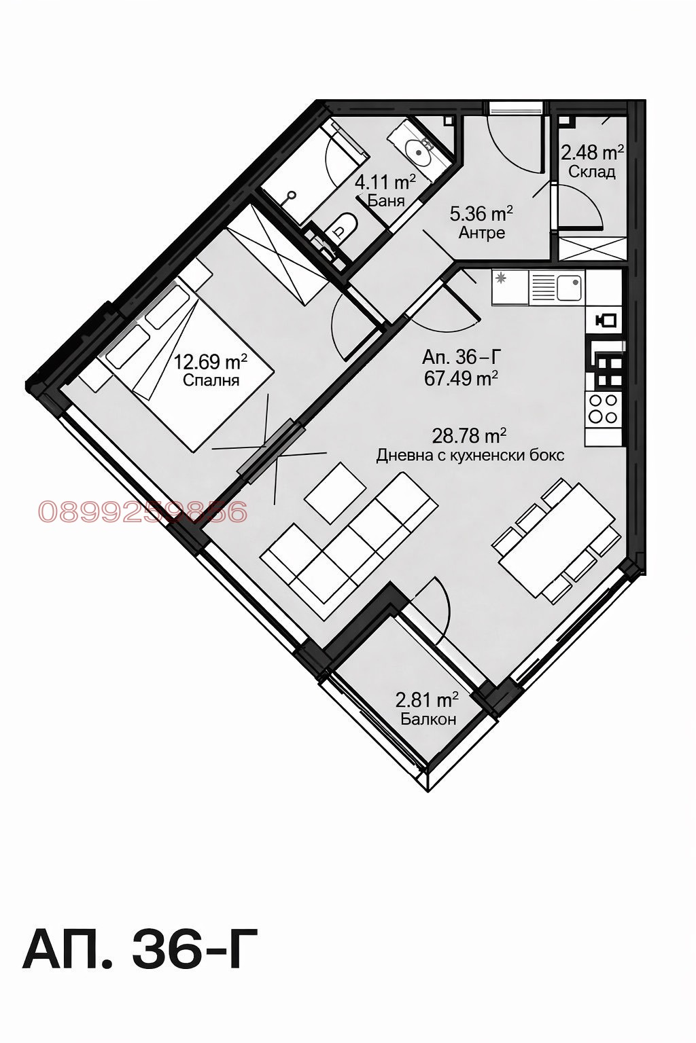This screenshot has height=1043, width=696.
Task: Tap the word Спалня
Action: (211, 380)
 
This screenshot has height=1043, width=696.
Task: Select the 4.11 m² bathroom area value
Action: (385, 182)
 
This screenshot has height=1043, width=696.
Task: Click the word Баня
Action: (386, 200)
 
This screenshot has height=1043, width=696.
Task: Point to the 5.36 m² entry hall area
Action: (481, 215)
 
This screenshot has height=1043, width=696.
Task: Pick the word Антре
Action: (482, 233)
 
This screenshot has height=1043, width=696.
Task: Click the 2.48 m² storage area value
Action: (593, 152)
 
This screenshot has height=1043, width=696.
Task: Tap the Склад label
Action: (592, 171)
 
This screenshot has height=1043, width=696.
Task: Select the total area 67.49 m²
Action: (462, 378)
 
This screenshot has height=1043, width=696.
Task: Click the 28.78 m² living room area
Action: (470, 435)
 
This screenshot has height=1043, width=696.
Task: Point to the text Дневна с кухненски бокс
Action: (470, 455)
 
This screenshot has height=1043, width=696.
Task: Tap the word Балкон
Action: (428, 718)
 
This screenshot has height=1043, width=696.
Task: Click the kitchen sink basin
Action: (569, 287)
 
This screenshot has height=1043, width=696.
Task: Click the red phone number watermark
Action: (143, 512)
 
